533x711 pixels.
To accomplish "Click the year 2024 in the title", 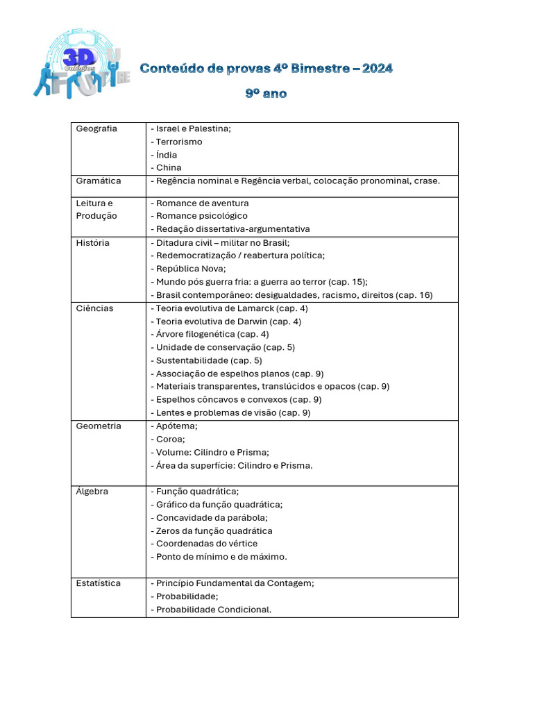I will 377,68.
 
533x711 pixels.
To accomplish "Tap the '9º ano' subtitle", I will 266,93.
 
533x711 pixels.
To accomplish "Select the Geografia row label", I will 96,128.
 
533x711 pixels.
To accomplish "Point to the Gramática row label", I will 99,181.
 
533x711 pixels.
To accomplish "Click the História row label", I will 92,243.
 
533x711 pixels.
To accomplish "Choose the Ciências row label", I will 94,308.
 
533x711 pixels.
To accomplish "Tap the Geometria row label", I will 99,426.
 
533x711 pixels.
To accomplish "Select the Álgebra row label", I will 92,492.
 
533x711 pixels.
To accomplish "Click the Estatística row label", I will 99,583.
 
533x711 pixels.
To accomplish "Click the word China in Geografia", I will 169,167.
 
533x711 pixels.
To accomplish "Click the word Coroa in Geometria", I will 171,439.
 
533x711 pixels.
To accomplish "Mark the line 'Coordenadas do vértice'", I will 206,544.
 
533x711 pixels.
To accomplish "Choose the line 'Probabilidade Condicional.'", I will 213,610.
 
